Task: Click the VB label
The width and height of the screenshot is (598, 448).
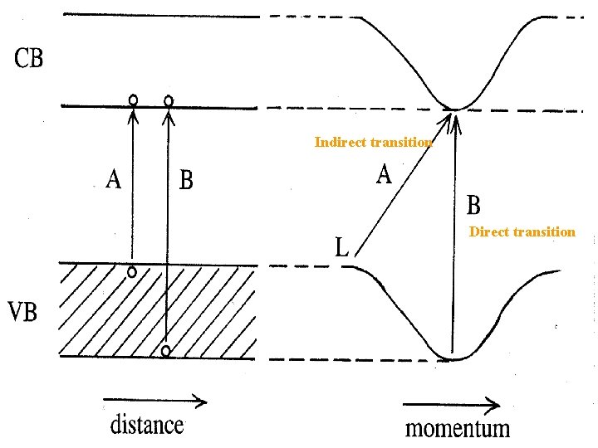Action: [x=27, y=314]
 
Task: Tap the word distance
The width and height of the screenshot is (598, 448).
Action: [x=147, y=425]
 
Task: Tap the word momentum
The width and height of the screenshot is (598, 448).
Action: [x=457, y=428]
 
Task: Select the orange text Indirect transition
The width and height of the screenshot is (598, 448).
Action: [x=373, y=143]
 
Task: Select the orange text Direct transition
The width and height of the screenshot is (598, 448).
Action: [x=522, y=232]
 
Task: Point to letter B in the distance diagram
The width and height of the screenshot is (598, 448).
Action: [x=186, y=180]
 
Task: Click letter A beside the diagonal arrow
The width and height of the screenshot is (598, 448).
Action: [x=384, y=175]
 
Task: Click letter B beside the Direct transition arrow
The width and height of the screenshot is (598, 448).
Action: [x=473, y=204]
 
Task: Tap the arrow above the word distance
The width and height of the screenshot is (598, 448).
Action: [x=154, y=402]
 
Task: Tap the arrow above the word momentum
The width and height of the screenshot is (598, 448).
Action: [x=452, y=406]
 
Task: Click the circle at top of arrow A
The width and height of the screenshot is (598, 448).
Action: [x=133, y=100]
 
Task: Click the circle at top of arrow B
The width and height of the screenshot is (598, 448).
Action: [x=169, y=101]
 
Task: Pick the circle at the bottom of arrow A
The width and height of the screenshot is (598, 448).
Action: [x=132, y=272]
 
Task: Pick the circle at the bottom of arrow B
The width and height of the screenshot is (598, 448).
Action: [x=166, y=351]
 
